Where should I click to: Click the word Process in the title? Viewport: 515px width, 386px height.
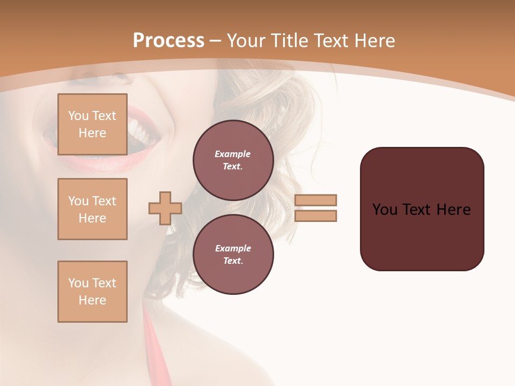point(168,41)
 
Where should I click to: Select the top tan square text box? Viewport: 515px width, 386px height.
point(92,124)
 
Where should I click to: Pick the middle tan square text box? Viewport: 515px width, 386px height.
point(92,209)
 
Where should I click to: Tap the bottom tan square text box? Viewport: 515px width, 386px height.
point(92,292)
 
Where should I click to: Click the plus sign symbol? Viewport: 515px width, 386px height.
point(165,208)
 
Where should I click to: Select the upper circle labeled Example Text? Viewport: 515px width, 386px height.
point(233,160)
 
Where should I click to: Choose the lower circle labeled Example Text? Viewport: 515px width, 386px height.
point(233,255)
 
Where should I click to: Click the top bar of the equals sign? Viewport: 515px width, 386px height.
point(315,200)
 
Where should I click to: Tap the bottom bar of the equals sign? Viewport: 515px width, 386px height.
point(315,216)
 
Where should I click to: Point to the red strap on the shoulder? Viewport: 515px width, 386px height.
point(153,343)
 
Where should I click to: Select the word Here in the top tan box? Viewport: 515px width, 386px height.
point(92,133)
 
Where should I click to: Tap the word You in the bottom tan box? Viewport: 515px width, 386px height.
point(78,283)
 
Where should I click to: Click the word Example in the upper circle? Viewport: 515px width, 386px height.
point(233,154)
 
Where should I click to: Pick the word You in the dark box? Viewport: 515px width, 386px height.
point(385,210)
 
